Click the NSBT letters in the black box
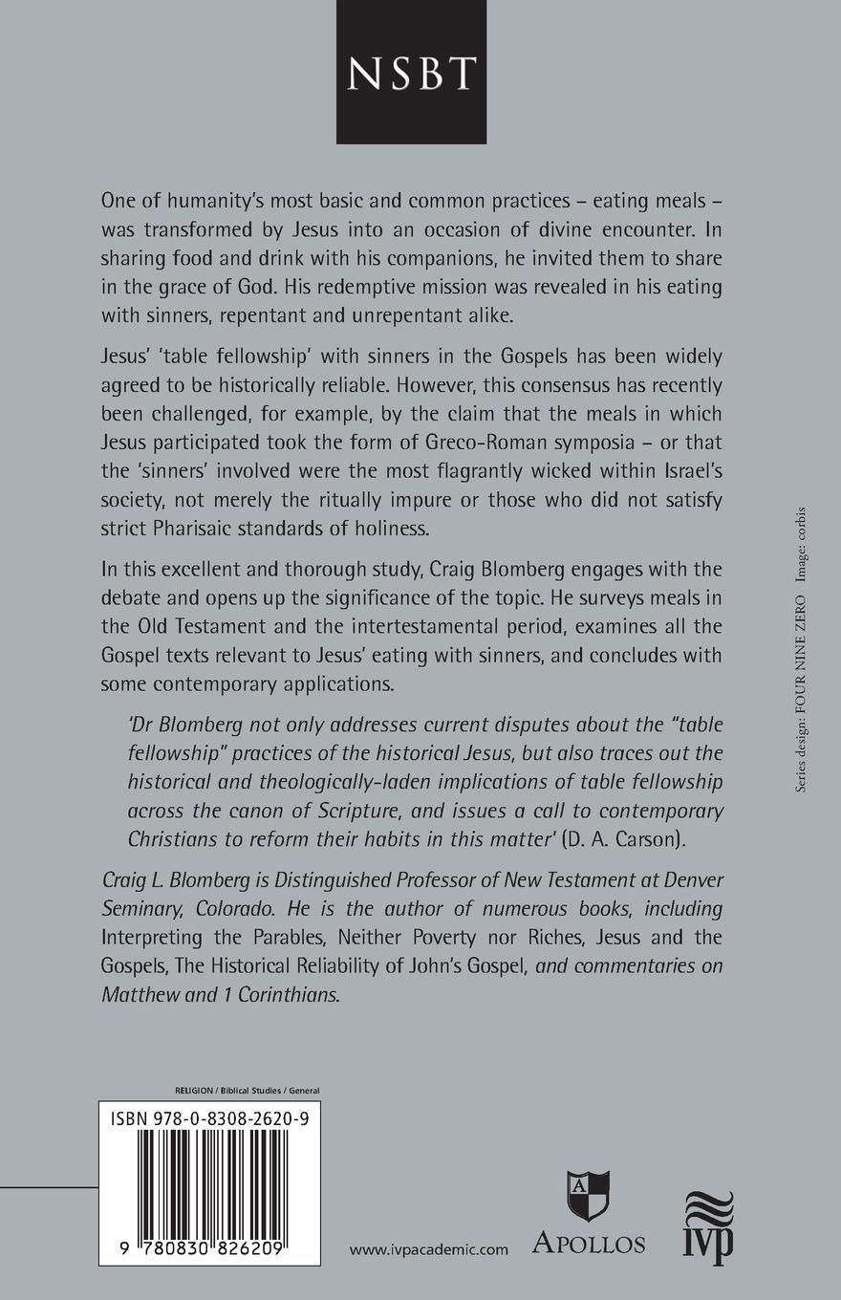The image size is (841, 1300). click(x=420, y=73)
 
